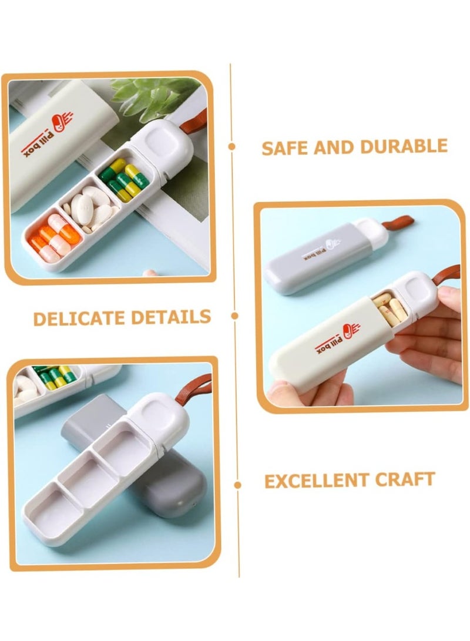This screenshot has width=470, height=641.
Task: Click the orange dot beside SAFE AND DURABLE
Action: pos(233,147)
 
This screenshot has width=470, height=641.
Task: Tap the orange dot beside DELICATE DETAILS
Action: pos(235,316)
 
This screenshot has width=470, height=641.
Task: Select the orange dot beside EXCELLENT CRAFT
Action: pos(237,485)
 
